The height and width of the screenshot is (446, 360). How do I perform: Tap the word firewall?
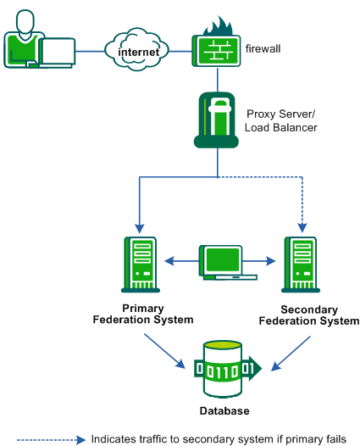pos(263,49)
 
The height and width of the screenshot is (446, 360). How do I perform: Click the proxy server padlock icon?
pos(219,120)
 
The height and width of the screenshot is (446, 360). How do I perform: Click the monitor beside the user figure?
pos(58,53)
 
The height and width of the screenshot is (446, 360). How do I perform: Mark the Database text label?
pos(224,411)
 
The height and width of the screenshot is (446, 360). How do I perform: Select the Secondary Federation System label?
pos(308,315)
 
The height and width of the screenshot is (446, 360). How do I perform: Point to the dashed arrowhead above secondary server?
pos(302,226)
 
